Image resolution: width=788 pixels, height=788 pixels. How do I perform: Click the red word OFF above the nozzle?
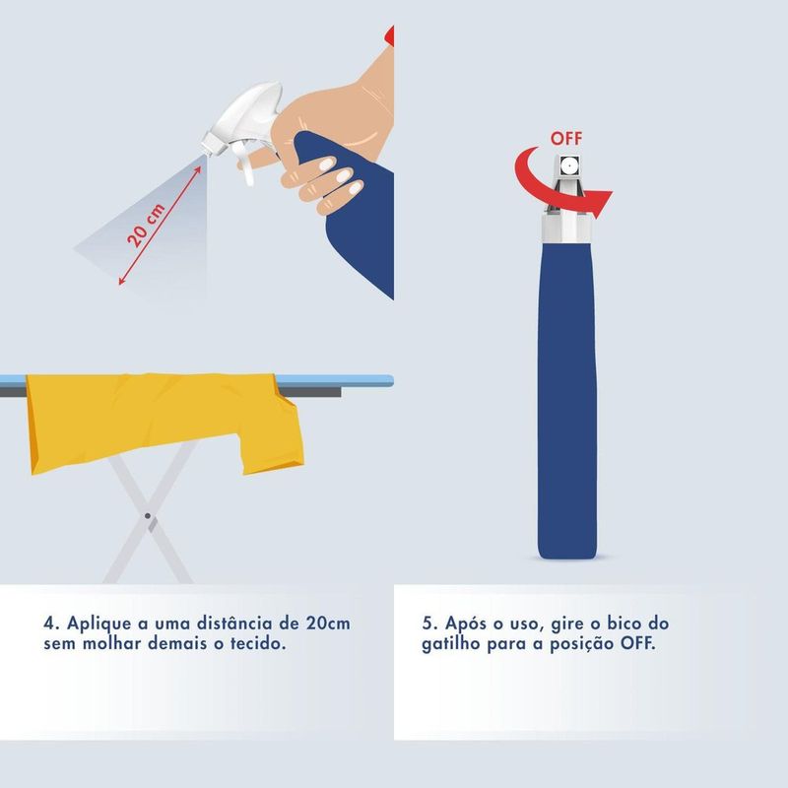click(566, 138)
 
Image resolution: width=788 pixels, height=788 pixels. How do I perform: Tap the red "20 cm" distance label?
click(146, 226)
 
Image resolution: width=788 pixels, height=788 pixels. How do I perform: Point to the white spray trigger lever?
click(245, 162)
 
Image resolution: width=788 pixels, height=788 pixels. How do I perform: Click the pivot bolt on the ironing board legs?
click(147, 516)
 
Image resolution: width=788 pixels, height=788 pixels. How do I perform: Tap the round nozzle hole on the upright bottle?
click(568, 164)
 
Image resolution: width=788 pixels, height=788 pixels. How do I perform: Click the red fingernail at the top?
click(389, 35)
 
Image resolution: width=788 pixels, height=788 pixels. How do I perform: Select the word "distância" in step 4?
click(233, 624)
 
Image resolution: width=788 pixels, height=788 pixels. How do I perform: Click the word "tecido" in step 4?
click(258, 644)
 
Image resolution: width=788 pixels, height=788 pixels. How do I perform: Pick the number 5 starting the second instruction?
click(428, 624)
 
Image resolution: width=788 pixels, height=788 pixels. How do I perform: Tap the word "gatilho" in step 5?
click(451, 645)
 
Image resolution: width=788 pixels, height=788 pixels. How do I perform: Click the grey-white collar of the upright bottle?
click(566, 228)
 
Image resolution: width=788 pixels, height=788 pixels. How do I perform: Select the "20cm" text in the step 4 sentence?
click(328, 624)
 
